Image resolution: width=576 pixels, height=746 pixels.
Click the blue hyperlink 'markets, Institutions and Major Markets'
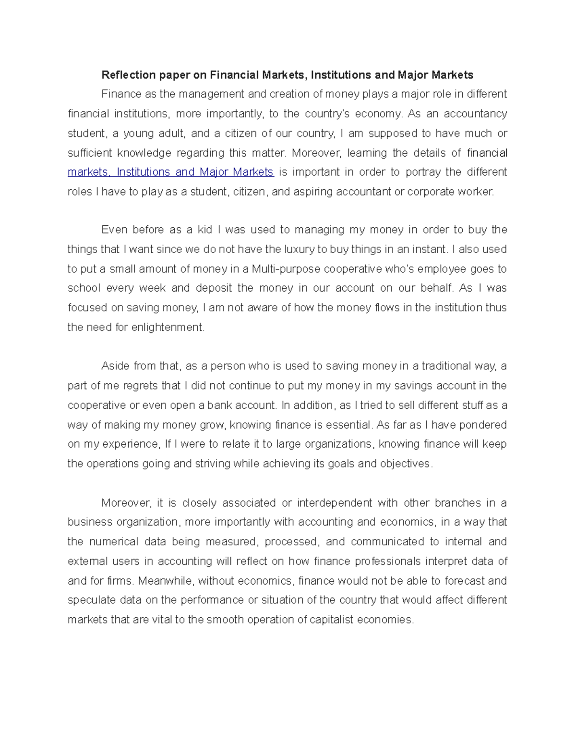click(170, 172)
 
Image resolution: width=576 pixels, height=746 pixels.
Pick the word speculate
click(92, 600)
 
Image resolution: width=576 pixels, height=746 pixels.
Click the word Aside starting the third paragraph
click(115, 366)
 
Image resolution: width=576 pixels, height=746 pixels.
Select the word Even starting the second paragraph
click(114, 230)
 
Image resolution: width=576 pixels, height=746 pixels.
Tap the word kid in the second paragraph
click(204, 230)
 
